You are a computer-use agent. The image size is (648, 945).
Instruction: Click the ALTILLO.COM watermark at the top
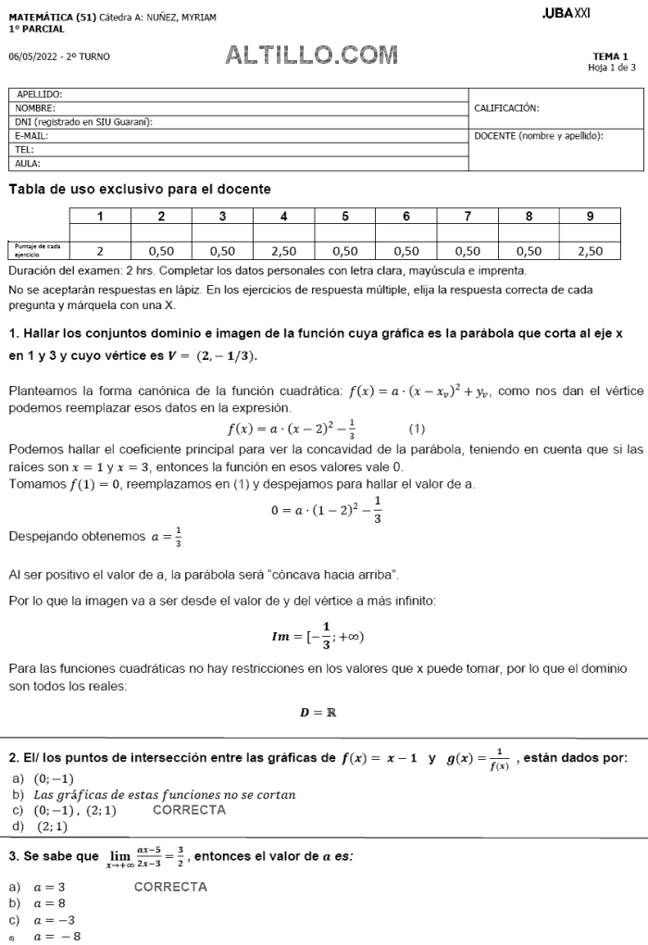tap(312, 56)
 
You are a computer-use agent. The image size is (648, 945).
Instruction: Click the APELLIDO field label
tap(39, 94)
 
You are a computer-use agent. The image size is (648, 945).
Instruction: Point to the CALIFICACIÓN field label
tap(506, 108)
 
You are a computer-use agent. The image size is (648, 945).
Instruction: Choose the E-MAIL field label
tap(31, 135)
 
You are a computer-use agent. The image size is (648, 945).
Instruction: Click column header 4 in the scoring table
tap(283, 217)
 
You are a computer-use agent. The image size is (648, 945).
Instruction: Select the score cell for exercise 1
tap(100, 250)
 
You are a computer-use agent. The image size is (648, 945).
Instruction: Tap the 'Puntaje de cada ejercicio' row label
tap(36, 250)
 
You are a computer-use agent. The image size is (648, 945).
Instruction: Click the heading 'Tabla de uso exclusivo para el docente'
tap(140, 189)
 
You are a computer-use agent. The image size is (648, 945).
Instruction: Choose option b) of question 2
tap(153, 794)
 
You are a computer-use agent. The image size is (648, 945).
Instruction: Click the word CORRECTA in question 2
tap(189, 810)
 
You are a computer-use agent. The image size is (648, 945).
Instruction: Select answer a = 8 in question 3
tap(49, 902)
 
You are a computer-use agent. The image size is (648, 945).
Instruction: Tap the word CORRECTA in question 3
tap(170, 887)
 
